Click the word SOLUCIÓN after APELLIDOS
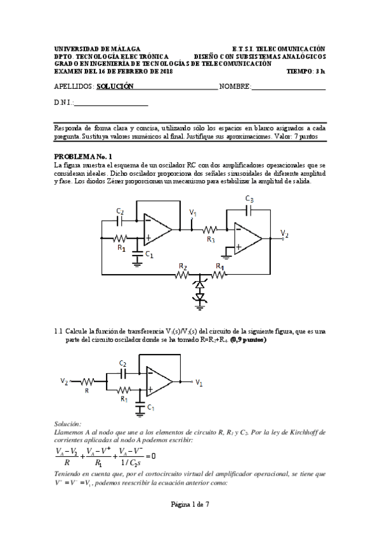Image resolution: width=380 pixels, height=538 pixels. [x=115, y=86]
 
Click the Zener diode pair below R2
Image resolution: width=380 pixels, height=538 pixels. [x=200, y=291]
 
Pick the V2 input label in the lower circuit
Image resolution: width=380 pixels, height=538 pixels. [x=64, y=381]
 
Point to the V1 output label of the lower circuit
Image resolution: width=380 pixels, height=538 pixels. [x=199, y=383]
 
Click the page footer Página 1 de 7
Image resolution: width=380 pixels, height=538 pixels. [x=190, y=522]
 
